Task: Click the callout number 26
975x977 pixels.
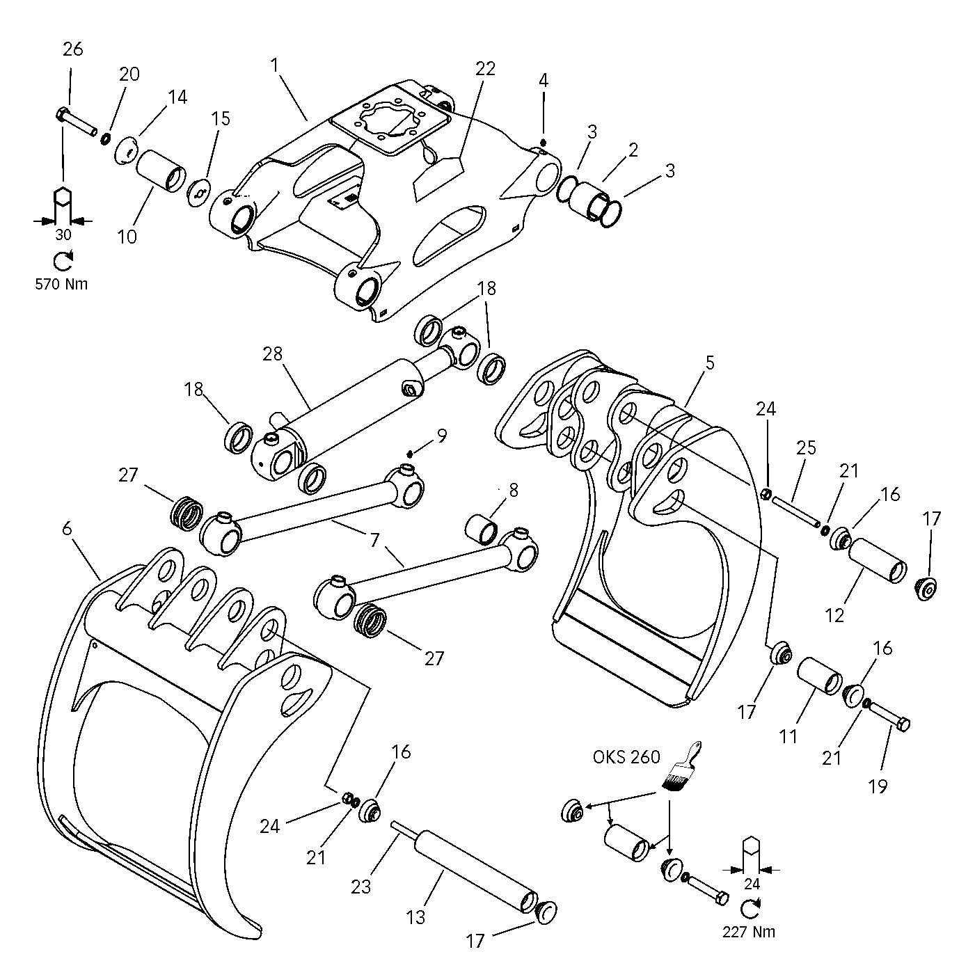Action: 72,49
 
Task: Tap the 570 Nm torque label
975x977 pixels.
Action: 62,284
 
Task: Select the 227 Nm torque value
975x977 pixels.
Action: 748,931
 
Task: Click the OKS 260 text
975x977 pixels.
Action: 626,756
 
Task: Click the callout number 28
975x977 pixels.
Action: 273,354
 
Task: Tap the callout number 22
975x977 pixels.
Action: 485,68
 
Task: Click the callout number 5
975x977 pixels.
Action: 709,363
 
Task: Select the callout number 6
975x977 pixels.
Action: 67,530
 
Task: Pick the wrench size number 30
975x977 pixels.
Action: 63,235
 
